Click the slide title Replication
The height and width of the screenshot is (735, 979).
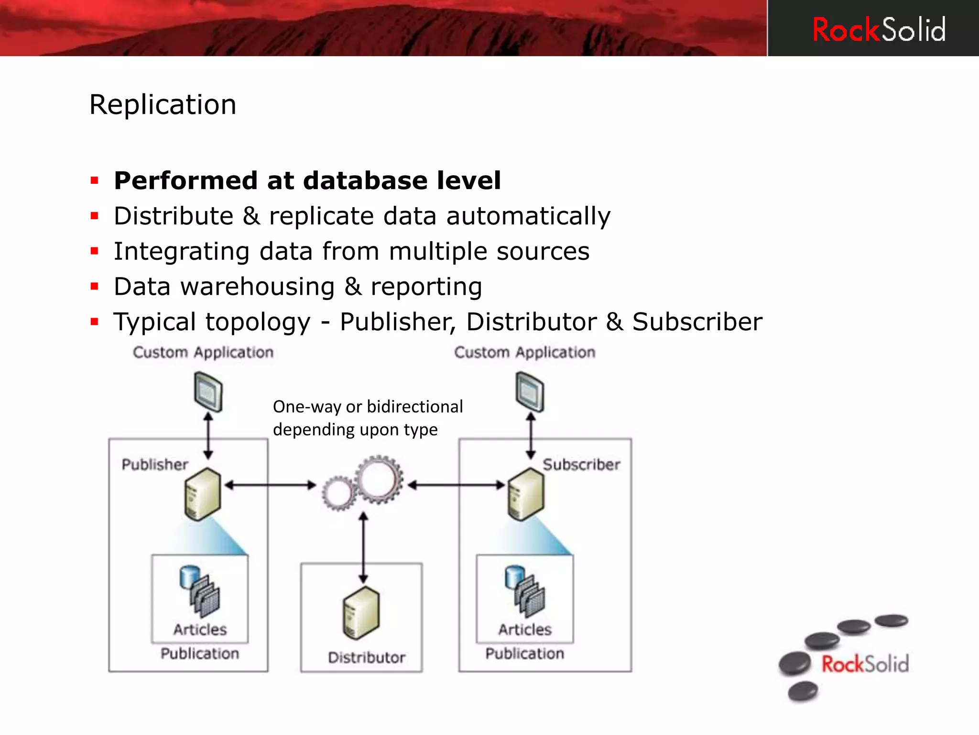click(163, 104)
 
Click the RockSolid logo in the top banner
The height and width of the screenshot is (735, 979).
click(879, 30)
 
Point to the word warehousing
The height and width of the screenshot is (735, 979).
click(257, 287)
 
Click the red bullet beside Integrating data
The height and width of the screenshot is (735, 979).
click(95, 251)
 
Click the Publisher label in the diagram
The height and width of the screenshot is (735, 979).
click(155, 464)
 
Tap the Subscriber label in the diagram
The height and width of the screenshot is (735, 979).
click(581, 464)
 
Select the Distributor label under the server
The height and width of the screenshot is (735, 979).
click(367, 657)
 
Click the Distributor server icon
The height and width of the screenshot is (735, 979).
click(361, 612)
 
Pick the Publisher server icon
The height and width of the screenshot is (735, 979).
click(203, 494)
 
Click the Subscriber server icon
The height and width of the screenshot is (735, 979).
click(525, 494)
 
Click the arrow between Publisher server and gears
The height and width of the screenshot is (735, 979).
click(271, 485)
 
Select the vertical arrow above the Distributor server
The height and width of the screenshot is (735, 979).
click(363, 548)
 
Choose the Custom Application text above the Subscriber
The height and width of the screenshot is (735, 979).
click(524, 353)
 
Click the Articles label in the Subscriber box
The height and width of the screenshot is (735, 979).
click(525, 629)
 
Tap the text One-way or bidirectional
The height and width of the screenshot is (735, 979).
click(368, 407)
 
